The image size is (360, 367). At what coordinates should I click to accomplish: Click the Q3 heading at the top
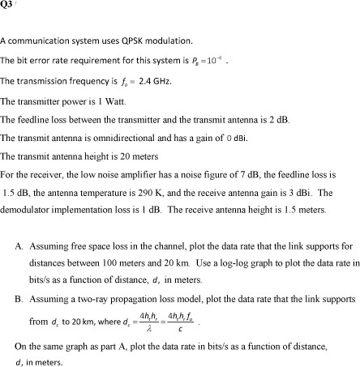(x=8, y=4)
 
